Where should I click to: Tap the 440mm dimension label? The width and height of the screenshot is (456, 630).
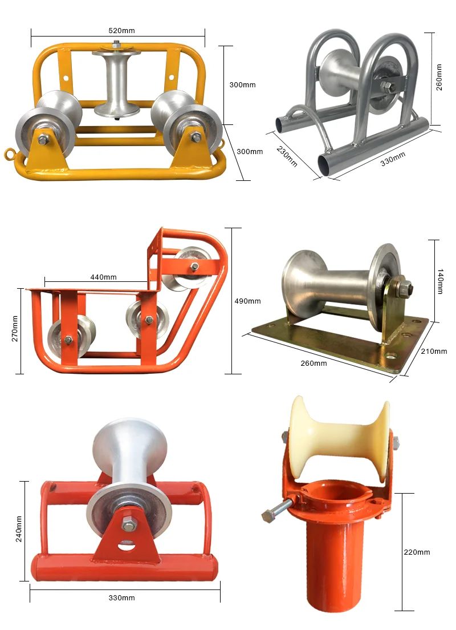click(x=103, y=277)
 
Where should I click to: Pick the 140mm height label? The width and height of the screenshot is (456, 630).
click(x=439, y=282)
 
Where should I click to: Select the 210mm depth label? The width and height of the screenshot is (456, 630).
click(x=435, y=351)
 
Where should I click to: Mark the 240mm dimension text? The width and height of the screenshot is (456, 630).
click(x=19, y=528)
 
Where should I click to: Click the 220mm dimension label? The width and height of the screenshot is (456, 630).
click(x=416, y=552)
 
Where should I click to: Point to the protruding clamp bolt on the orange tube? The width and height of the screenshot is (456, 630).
click(x=276, y=511)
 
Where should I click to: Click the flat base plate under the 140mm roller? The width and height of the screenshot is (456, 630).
click(x=342, y=342)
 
